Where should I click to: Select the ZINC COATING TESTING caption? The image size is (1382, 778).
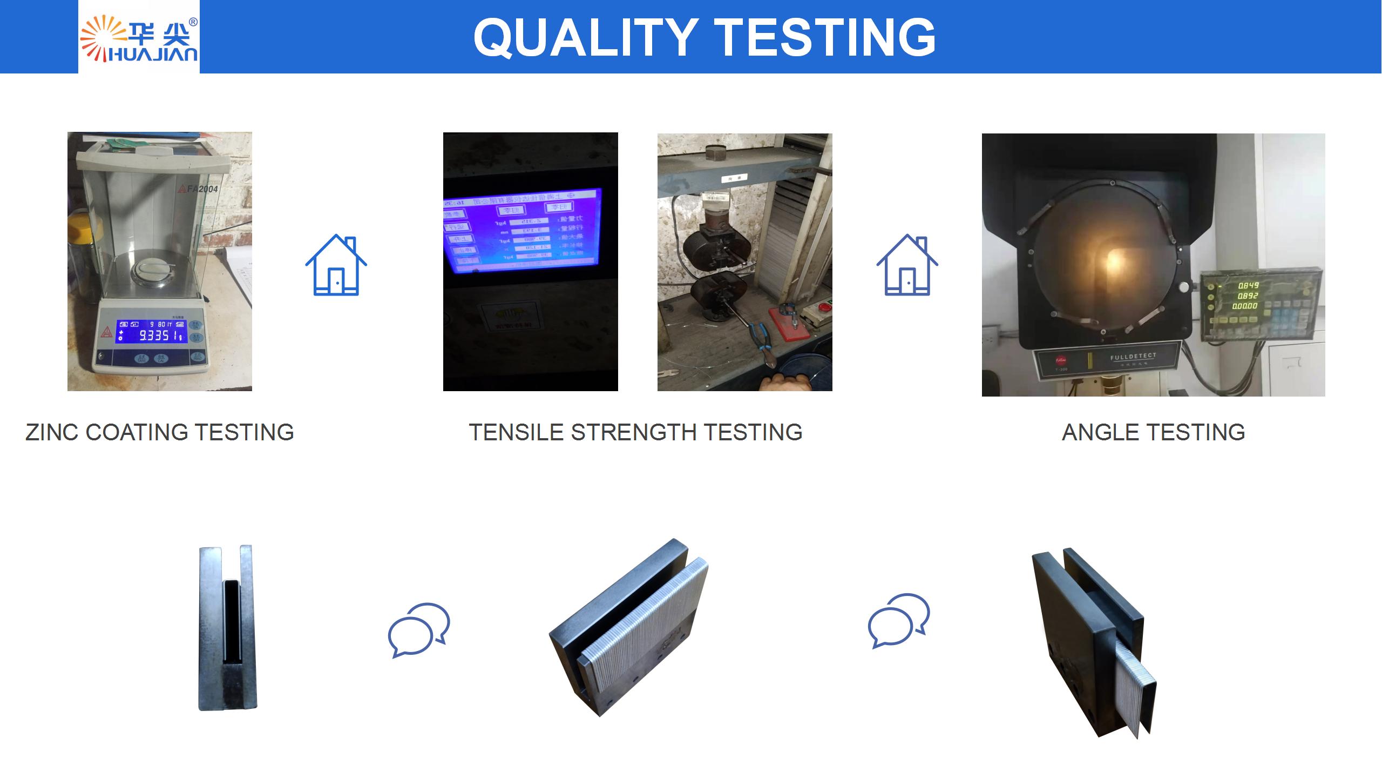[160, 432]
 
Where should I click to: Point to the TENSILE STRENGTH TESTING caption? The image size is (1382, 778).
[635, 432]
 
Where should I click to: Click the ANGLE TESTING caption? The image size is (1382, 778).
[1153, 432]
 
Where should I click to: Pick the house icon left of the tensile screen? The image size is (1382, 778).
[336, 265]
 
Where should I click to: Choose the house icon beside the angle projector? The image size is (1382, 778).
[907, 265]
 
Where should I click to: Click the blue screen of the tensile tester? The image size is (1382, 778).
[522, 230]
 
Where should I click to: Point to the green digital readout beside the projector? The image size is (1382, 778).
[1248, 296]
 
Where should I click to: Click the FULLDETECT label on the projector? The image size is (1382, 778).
[1133, 357]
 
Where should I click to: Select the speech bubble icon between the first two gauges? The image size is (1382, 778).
[419, 630]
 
